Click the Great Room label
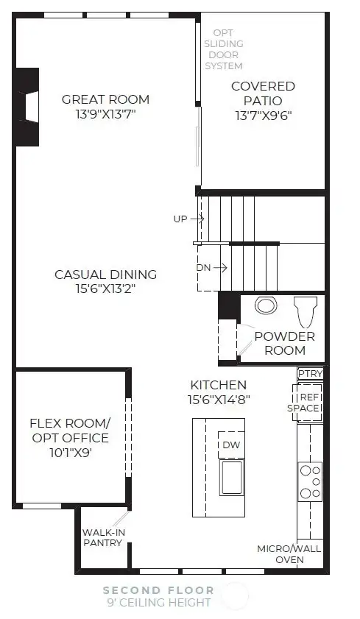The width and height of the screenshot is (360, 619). pyautogui.click(x=105, y=99)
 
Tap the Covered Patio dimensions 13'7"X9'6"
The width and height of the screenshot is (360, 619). pyautogui.click(x=263, y=115)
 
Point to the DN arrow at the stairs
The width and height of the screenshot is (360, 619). pyautogui.click(x=213, y=267)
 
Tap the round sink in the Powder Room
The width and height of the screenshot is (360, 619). pyautogui.click(x=266, y=306)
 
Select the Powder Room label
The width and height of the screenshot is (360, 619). pyautogui.click(x=285, y=343)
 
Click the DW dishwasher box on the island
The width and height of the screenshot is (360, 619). pyautogui.click(x=231, y=445)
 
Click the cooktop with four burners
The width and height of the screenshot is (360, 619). pyautogui.click(x=310, y=481)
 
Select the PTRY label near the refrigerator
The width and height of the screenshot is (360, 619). pyautogui.click(x=310, y=374)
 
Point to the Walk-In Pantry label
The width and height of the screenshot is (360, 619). pyautogui.click(x=102, y=537)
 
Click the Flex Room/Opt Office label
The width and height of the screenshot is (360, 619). pyautogui.click(x=69, y=438)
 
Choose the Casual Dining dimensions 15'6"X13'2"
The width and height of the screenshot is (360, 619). pyautogui.click(x=105, y=289)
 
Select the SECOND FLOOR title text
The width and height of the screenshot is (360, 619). pyautogui.click(x=158, y=590)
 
